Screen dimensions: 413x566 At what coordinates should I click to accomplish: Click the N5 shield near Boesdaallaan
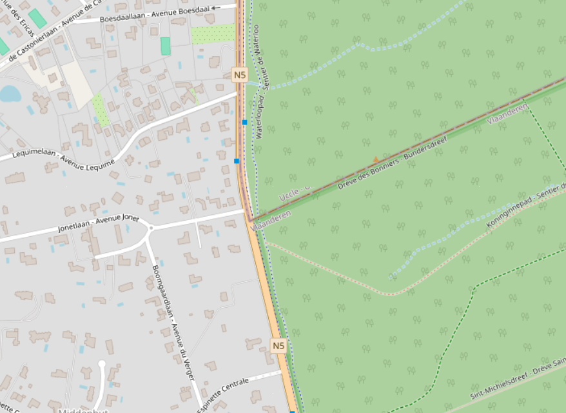[x=240, y=75]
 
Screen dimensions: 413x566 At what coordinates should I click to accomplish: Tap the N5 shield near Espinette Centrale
[x=278, y=346]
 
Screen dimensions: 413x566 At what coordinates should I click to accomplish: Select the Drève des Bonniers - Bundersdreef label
[x=384, y=168]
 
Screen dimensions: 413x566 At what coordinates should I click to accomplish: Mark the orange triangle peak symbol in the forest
[x=376, y=159]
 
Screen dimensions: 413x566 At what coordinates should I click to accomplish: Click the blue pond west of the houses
[x=9, y=94]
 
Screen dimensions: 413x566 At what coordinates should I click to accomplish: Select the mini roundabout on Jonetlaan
[x=151, y=227]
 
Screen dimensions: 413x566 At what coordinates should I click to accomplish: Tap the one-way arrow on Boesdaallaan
[x=215, y=7]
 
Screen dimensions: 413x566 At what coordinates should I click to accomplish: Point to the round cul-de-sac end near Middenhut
[x=102, y=365]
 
